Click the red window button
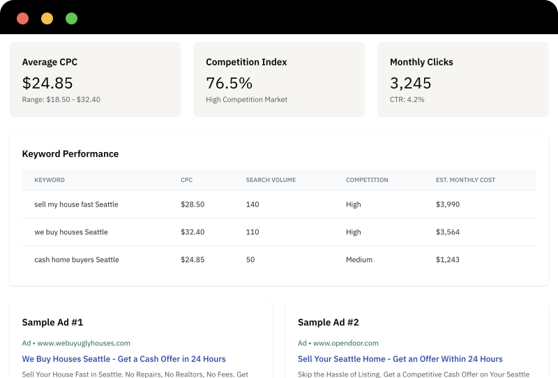(22, 19)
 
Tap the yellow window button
(47, 19)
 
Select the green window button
(71, 19)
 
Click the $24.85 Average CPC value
(47, 83)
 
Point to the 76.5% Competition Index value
(229, 83)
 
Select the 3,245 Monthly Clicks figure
(410, 83)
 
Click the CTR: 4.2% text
(407, 100)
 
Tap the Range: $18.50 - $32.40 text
(61, 100)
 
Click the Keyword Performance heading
(70, 154)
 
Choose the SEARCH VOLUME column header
(271, 180)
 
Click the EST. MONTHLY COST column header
(465, 180)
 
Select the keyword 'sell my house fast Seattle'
(76, 204)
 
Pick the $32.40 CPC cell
(193, 232)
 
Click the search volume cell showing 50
(250, 259)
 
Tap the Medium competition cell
(359, 259)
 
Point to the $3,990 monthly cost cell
(448, 204)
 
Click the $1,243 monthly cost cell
(448, 259)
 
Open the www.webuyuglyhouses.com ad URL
(83, 343)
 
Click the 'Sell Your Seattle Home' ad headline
(400, 359)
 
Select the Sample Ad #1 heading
(52, 322)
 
